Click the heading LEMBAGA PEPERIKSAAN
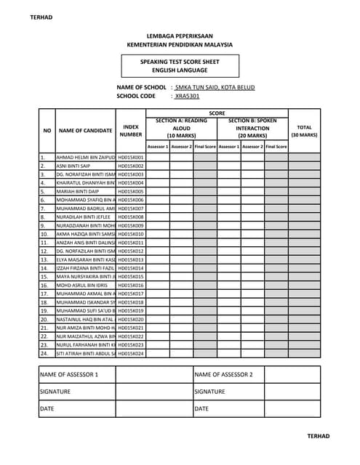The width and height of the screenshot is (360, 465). pos(180,35)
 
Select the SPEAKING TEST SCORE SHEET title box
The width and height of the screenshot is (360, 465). pos(180,67)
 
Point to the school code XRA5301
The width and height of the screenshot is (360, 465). pos(187,96)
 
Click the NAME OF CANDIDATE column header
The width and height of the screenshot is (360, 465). pos(85,131)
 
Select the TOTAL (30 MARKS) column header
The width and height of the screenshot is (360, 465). pos(304,131)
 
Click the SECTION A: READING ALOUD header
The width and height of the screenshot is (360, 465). pos(181,128)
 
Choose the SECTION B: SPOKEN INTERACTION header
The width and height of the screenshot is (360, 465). pos(252,128)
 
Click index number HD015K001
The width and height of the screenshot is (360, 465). pos(131,157)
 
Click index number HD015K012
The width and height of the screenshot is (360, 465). pos(131,251)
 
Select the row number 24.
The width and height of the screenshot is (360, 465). pos(43,353)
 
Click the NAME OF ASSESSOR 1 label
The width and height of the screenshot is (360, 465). pos(68,375)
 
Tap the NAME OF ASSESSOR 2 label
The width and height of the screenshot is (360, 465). pos(224,375)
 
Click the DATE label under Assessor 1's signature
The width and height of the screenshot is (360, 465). pos(47,409)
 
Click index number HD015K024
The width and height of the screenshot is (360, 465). pos(131,353)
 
